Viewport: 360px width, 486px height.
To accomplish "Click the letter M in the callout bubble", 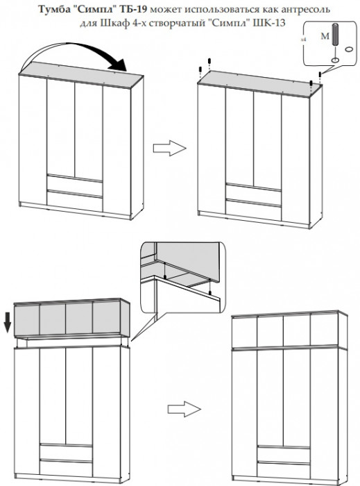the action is [x=325, y=37].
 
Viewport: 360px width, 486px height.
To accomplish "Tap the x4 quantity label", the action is [x=305, y=40].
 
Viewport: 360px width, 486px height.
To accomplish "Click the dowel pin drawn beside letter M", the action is [x=334, y=35].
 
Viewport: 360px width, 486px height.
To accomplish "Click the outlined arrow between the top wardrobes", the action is [x=170, y=148].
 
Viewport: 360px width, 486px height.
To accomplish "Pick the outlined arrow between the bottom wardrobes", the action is [x=185, y=409].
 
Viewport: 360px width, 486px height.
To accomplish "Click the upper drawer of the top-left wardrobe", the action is [x=75, y=182].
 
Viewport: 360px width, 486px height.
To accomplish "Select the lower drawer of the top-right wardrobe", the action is [x=253, y=209].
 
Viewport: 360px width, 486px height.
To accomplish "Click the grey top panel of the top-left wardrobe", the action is [x=81, y=74].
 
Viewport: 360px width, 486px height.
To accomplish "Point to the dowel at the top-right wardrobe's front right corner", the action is [x=311, y=83].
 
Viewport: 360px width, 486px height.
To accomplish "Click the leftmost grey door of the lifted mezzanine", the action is [x=27, y=320].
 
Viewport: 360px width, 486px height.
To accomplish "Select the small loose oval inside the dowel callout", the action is [x=349, y=49].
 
